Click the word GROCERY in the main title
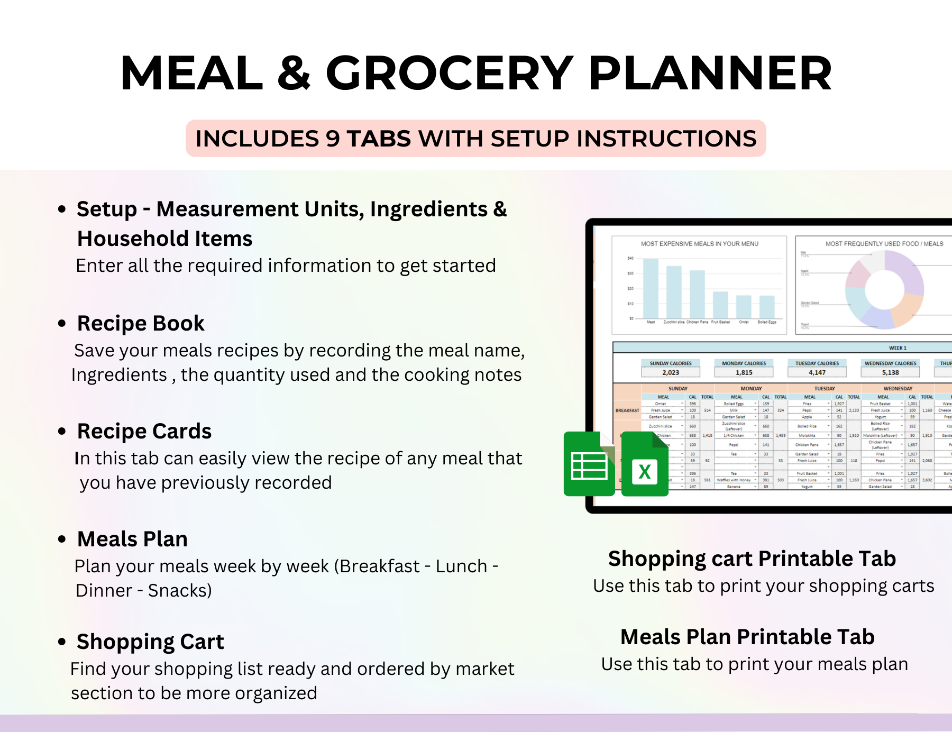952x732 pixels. [449, 74]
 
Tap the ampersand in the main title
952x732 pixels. [294, 74]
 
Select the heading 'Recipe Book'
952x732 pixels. [141, 323]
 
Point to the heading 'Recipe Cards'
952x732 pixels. [144, 431]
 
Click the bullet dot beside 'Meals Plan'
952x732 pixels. [62, 539]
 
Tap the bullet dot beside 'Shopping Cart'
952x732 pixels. [62, 642]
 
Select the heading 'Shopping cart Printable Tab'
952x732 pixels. [752, 559]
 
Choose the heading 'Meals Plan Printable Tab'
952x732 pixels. [747, 637]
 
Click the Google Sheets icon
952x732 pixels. [589, 464]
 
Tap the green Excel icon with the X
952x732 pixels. [645, 465]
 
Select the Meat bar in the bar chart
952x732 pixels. [651, 288]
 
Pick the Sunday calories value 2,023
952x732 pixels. [671, 372]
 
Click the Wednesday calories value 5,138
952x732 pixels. [890, 372]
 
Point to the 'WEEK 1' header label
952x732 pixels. [898, 348]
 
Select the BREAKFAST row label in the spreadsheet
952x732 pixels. [627, 410]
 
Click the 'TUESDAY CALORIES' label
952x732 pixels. [817, 363]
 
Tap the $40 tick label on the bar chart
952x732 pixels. [630, 259]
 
